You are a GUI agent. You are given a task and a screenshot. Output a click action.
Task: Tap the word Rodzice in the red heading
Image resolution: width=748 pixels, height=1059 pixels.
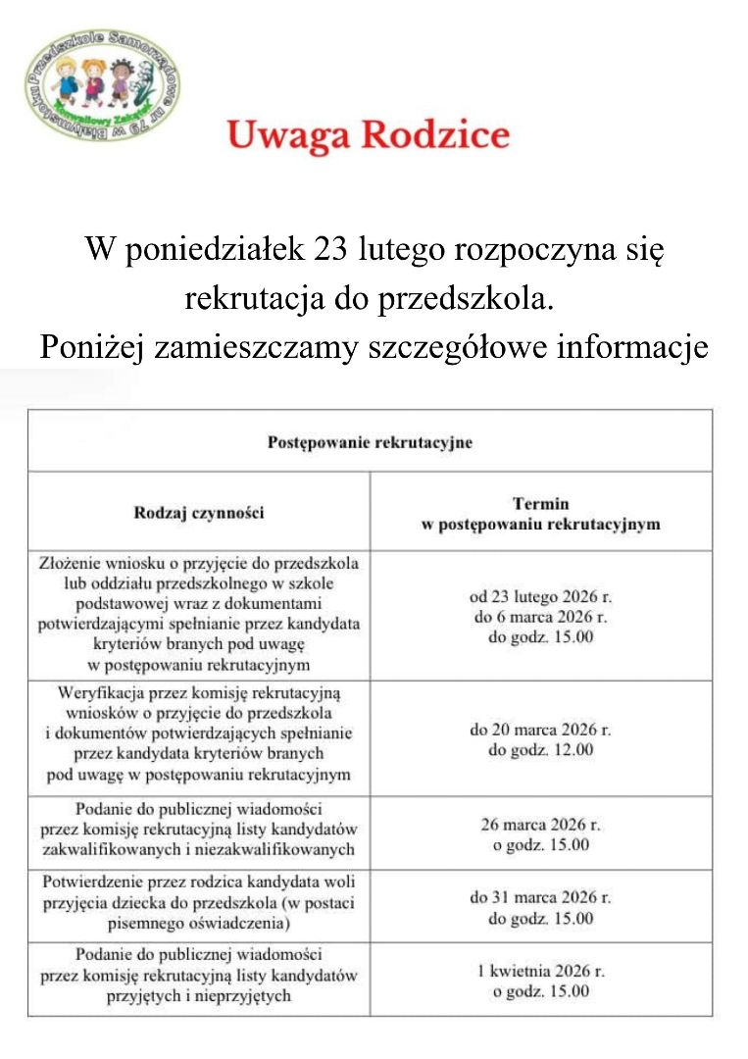tap(435, 135)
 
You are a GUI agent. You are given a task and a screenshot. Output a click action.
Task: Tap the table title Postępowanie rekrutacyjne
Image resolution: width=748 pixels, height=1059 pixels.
tap(370, 442)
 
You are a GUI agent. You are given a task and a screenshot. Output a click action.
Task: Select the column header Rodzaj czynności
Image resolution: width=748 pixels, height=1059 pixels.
tap(199, 512)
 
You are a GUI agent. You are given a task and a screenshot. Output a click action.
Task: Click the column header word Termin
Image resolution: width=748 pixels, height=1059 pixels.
tap(540, 504)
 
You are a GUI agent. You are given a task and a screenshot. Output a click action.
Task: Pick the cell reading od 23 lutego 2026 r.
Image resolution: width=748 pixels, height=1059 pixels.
tap(540, 596)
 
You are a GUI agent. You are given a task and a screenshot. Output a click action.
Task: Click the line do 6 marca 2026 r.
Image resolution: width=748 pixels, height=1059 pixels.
tap(540, 617)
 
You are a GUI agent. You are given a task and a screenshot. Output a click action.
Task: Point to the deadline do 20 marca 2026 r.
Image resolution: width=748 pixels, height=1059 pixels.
tap(540, 730)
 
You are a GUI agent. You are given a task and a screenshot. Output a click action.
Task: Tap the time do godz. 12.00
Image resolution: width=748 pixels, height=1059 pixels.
tap(540, 750)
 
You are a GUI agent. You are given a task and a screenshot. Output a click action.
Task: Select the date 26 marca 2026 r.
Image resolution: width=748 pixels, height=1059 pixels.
tap(540, 824)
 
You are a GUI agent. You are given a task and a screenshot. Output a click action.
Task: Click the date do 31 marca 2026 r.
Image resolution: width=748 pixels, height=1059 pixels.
tap(540, 897)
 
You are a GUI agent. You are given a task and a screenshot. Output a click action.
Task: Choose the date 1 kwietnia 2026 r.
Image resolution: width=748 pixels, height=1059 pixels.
tap(540, 971)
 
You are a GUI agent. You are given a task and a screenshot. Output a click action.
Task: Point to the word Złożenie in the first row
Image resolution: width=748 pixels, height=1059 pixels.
tap(69, 564)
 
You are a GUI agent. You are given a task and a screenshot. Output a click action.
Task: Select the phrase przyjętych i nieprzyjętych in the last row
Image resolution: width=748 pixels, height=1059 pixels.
tap(199, 997)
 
